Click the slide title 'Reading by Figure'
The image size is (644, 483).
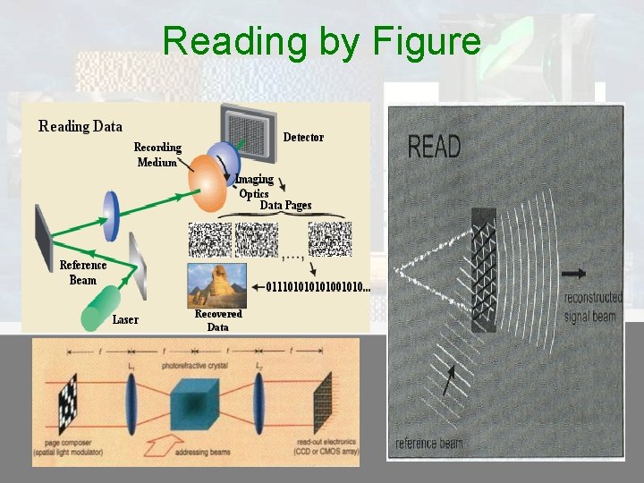322,41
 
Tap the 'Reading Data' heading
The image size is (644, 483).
80,126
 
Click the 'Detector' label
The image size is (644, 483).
303,137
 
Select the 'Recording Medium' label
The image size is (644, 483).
157,155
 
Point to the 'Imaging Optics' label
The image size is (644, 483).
254,186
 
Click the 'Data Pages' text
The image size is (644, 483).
285,205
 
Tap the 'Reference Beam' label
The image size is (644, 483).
83,272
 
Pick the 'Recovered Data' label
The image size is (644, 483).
218,320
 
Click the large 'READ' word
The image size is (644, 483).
434,147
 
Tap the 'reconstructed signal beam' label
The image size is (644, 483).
592,307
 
